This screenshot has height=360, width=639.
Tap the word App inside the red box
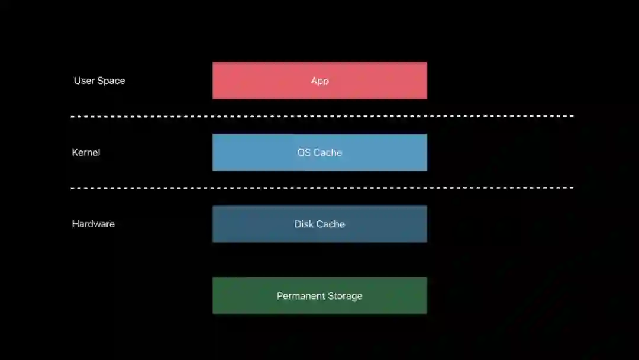pos(319,81)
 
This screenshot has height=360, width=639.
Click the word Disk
pos(304,224)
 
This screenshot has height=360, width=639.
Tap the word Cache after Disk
pos(331,224)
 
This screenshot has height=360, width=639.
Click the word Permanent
pos(299,295)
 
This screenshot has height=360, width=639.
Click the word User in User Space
pos(84,81)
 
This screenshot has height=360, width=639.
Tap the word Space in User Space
pos(111,81)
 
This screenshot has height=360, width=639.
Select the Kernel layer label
pos(86,152)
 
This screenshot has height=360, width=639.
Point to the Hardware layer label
pos(93,224)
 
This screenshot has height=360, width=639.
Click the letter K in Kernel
pos(75,152)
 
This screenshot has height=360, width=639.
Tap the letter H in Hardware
pos(75,224)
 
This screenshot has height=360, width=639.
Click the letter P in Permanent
pos(280,295)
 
